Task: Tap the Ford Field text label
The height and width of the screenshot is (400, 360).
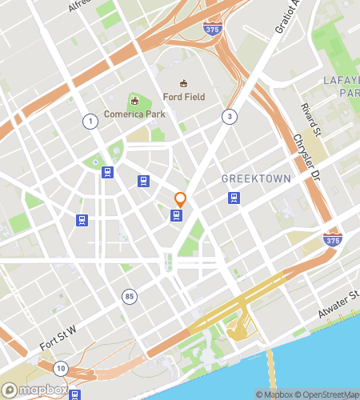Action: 184,97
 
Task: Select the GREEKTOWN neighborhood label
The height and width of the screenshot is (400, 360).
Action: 256,178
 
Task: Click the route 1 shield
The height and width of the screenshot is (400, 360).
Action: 90,120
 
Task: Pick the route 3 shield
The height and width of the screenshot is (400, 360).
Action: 230,117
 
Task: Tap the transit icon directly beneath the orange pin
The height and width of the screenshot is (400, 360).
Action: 176,214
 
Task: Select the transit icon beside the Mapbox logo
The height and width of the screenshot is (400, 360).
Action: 74,394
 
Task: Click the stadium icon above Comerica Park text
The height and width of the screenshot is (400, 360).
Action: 134,101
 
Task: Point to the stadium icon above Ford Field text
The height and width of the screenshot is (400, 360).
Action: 184,83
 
